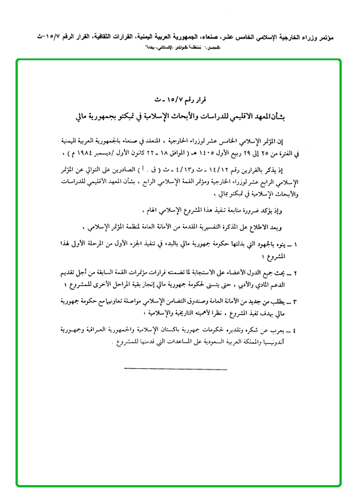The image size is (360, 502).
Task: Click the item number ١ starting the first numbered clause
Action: [296, 245]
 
